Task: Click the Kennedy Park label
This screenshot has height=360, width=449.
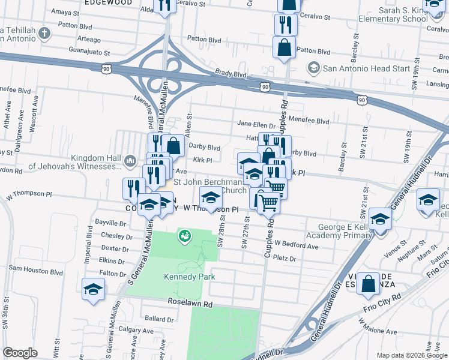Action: pos(189,277)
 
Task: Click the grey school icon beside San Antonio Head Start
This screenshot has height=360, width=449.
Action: pos(314,68)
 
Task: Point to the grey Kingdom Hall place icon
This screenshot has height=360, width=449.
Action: pos(130,161)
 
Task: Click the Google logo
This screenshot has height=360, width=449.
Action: pos(20,353)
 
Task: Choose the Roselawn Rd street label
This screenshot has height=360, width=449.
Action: pos(190,304)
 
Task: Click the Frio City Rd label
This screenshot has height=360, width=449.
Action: pos(381,306)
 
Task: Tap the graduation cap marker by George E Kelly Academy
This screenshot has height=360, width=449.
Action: pos(380,219)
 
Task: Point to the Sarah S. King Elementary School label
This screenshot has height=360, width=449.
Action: pos(412,14)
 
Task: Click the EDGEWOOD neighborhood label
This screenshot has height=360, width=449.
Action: pos(108,2)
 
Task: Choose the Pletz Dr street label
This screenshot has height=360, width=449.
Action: pos(285,259)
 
